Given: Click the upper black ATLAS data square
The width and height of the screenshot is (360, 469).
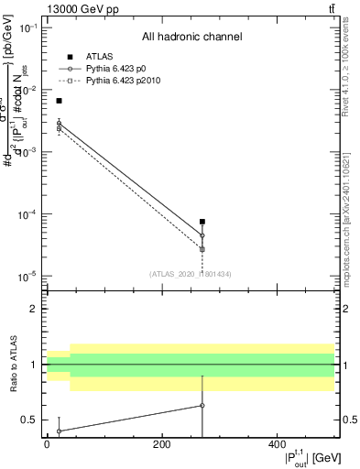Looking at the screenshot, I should (x=60, y=101).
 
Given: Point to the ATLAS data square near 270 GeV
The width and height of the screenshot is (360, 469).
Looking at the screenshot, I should (x=202, y=222).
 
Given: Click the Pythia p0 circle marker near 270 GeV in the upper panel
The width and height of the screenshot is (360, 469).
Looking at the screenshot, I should (x=202, y=235).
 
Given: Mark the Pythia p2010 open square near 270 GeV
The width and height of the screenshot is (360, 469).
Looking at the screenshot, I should (x=202, y=249).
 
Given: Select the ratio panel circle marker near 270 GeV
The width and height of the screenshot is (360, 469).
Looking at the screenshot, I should (x=202, y=405).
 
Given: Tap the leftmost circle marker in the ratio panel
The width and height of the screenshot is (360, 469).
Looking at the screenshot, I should (x=60, y=431).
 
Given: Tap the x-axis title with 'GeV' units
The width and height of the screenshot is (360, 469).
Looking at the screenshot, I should (x=302, y=456).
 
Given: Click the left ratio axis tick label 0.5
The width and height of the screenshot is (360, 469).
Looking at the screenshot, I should (x=30, y=420).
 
